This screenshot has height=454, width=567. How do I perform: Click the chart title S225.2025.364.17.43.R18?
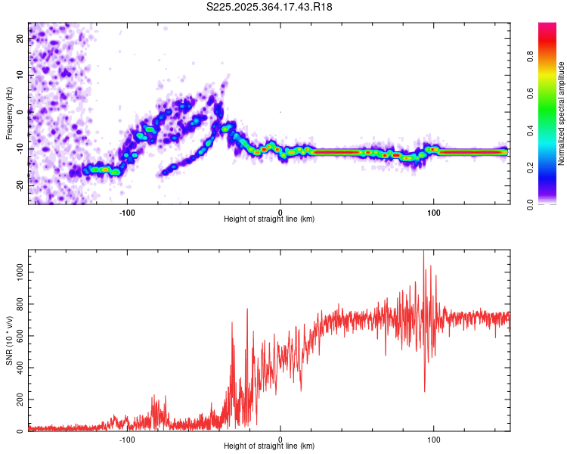point(269,7)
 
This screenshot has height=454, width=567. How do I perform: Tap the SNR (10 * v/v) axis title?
point(9,340)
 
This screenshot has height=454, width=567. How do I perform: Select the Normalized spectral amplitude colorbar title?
point(561,113)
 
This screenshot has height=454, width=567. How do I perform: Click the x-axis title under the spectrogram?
point(269,219)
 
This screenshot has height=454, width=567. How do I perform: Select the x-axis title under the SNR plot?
point(269,447)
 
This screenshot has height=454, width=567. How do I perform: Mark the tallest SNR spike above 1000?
point(423,253)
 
